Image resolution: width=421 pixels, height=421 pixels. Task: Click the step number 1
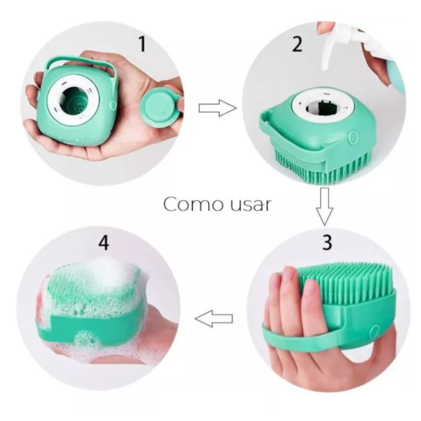[142, 44]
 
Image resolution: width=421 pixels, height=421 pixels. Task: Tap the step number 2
[297, 44]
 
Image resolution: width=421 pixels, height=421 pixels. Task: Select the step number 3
[327, 242]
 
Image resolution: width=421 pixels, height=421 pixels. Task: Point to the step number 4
[104, 243]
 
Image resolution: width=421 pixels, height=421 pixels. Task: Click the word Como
[194, 205]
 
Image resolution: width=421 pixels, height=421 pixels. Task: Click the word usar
[250, 206]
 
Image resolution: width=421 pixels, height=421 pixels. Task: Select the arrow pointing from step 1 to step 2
[218, 108]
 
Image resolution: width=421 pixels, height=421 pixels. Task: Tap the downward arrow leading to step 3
[324, 206]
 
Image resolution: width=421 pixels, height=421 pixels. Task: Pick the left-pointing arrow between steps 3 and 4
[214, 319]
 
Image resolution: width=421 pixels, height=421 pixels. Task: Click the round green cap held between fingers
[159, 108]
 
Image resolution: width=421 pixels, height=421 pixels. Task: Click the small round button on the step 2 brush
[354, 137]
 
